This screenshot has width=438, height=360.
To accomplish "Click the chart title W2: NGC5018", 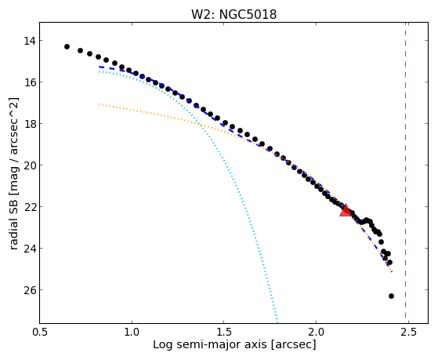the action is (233, 14).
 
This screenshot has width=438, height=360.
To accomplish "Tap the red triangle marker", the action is (346, 211).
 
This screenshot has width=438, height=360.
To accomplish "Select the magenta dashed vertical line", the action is (405, 173).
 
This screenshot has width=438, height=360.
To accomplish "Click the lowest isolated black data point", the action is (391, 296).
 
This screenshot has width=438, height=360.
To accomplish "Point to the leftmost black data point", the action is (67, 46).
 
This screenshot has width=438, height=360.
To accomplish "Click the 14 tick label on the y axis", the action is (30, 41).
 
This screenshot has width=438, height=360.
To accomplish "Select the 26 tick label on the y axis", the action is (30, 290).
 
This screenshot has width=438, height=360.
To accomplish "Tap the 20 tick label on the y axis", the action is (30, 165).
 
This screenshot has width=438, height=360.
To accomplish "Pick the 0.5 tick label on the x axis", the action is (40, 332).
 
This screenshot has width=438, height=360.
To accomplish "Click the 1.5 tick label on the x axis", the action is (224, 332).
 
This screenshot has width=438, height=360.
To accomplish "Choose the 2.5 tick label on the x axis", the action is (408, 332).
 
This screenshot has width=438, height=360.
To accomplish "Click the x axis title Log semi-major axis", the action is (210, 344).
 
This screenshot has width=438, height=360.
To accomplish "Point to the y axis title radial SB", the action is (13, 225).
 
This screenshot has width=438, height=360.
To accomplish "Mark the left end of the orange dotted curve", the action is (100, 104).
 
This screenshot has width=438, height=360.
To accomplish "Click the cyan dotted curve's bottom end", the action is (277, 322).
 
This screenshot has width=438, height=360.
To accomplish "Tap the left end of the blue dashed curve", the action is (100, 67).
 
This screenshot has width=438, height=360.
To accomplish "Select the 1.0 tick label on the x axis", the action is (132, 332).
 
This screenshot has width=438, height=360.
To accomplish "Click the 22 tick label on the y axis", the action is (30, 207).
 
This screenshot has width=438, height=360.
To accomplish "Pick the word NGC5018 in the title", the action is (248, 14).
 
